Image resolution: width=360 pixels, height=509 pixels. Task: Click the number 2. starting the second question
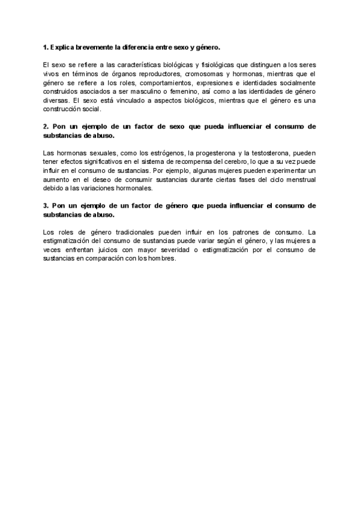46,127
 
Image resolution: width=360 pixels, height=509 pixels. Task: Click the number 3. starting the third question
46,206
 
